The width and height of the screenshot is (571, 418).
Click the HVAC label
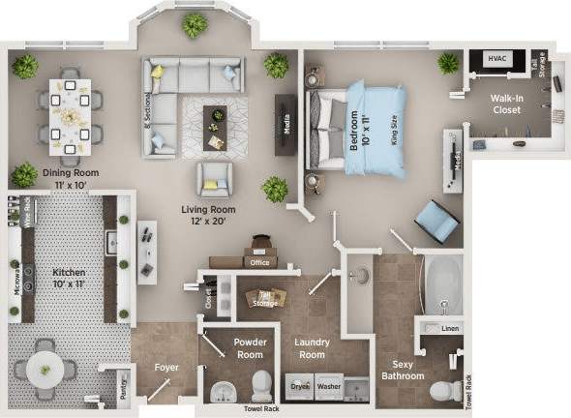pos(496,58)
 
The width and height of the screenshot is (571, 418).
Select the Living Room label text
pos(209,215)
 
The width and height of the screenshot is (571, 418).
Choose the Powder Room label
pos(249,348)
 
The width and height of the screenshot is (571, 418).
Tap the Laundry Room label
pos(312,348)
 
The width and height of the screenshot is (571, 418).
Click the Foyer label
pos(166,368)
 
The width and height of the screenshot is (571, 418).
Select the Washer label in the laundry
pos(329,386)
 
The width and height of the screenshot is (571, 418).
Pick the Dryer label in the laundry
pos(301,386)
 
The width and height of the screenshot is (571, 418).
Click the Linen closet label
pos(449,329)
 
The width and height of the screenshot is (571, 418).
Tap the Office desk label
pos(257,262)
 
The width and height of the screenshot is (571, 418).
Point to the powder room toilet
pos(261,386)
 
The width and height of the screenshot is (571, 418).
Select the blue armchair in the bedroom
pos(436,223)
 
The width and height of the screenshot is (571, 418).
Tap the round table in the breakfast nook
pos(45,367)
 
